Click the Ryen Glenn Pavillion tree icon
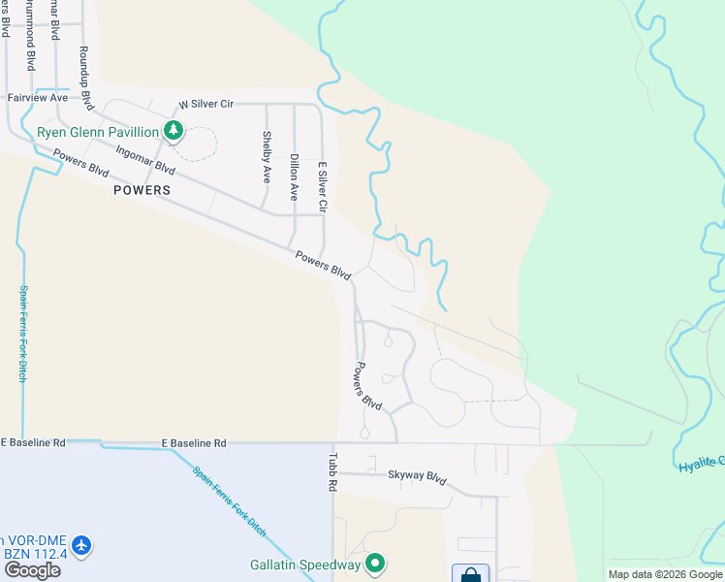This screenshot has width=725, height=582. point(173,131)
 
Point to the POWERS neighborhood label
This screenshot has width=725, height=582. point(142,190)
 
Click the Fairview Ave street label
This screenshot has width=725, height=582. point(38,98)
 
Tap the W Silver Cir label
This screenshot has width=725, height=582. point(209,105)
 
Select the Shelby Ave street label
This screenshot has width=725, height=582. point(267,157)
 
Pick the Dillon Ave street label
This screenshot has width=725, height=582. point(294,176)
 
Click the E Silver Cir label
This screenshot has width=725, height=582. point(322,187)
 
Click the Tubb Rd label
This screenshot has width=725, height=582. point(331,472)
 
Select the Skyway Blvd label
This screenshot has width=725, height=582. point(417,478)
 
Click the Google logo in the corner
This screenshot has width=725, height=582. point(32,570)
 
